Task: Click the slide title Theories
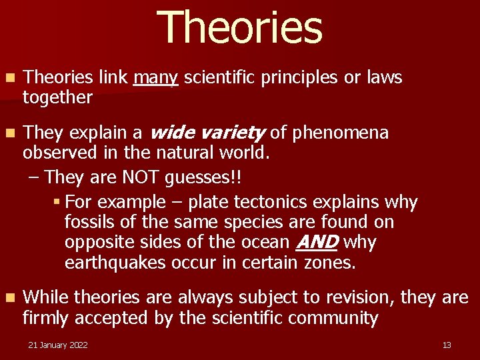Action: click(x=240, y=28)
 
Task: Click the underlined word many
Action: click(x=155, y=78)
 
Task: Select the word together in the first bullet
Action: click(x=57, y=98)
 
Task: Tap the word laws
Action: click(x=384, y=78)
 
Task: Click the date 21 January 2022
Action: click(x=57, y=345)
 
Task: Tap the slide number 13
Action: click(x=447, y=345)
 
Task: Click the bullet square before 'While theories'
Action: click(x=8, y=298)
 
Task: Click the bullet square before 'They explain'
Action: click(x=8, y=133)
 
